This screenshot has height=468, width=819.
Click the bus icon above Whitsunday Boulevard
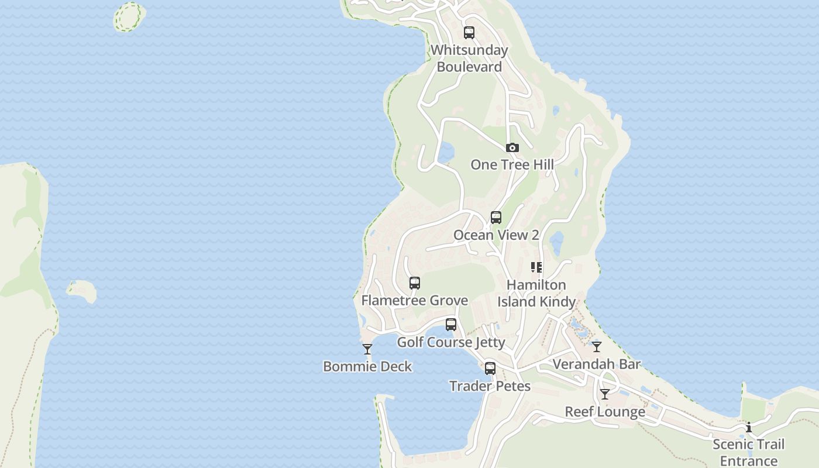coord(469,33)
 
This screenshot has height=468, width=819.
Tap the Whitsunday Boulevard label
coord(469,58)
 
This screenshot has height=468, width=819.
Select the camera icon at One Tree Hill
coord(512,147)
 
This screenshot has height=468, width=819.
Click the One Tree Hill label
coord(512,164)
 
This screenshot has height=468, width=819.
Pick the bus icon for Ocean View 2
coord(496,218)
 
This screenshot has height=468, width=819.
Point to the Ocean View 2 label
coord(496,235)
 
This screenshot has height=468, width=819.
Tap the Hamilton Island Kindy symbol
coord(536,267)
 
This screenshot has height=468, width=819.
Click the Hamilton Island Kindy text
coord(536,293)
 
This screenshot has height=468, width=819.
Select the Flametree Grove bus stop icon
coord(415,283)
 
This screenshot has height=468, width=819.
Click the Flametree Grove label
coord(415,300)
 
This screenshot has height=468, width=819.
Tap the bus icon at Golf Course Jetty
coord(451,325)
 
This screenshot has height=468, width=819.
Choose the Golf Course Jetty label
coord(451,342)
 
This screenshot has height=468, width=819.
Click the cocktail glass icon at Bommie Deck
coord(367,349)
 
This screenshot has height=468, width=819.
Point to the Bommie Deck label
coord(367,366)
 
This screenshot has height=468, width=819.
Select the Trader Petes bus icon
coord(490,369)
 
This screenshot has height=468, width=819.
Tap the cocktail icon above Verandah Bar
coord(597,347)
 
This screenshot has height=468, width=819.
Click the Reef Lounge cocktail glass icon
coord(605,394)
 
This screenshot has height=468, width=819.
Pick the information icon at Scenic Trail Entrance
coord(749,427)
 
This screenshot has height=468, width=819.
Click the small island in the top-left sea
coord(129,16)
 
